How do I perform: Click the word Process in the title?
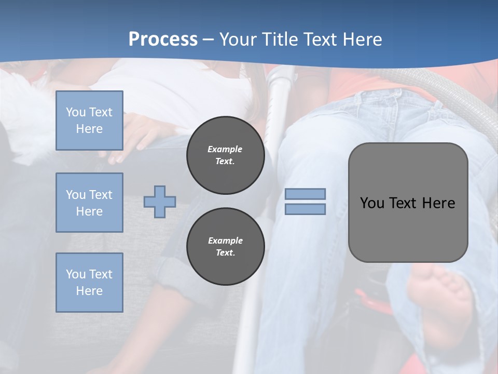click(163, 39)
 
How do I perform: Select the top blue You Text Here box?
click(89, 121)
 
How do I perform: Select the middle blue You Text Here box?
click(89, 203)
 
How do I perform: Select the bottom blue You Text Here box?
click(89, 282)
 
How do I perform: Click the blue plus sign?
click(160, 202)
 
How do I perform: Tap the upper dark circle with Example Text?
click(225, 155)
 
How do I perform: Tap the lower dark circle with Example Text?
click(225, 247)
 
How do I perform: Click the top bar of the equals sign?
click(305, 194)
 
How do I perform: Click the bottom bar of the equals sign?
click(305, 209)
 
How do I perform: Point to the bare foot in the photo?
click(441, 301)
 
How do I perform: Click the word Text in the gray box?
click(403, 203)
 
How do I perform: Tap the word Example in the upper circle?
click(225, 149)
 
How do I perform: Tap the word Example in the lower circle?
click(225, 241)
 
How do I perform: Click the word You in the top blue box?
click(75, 112)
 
